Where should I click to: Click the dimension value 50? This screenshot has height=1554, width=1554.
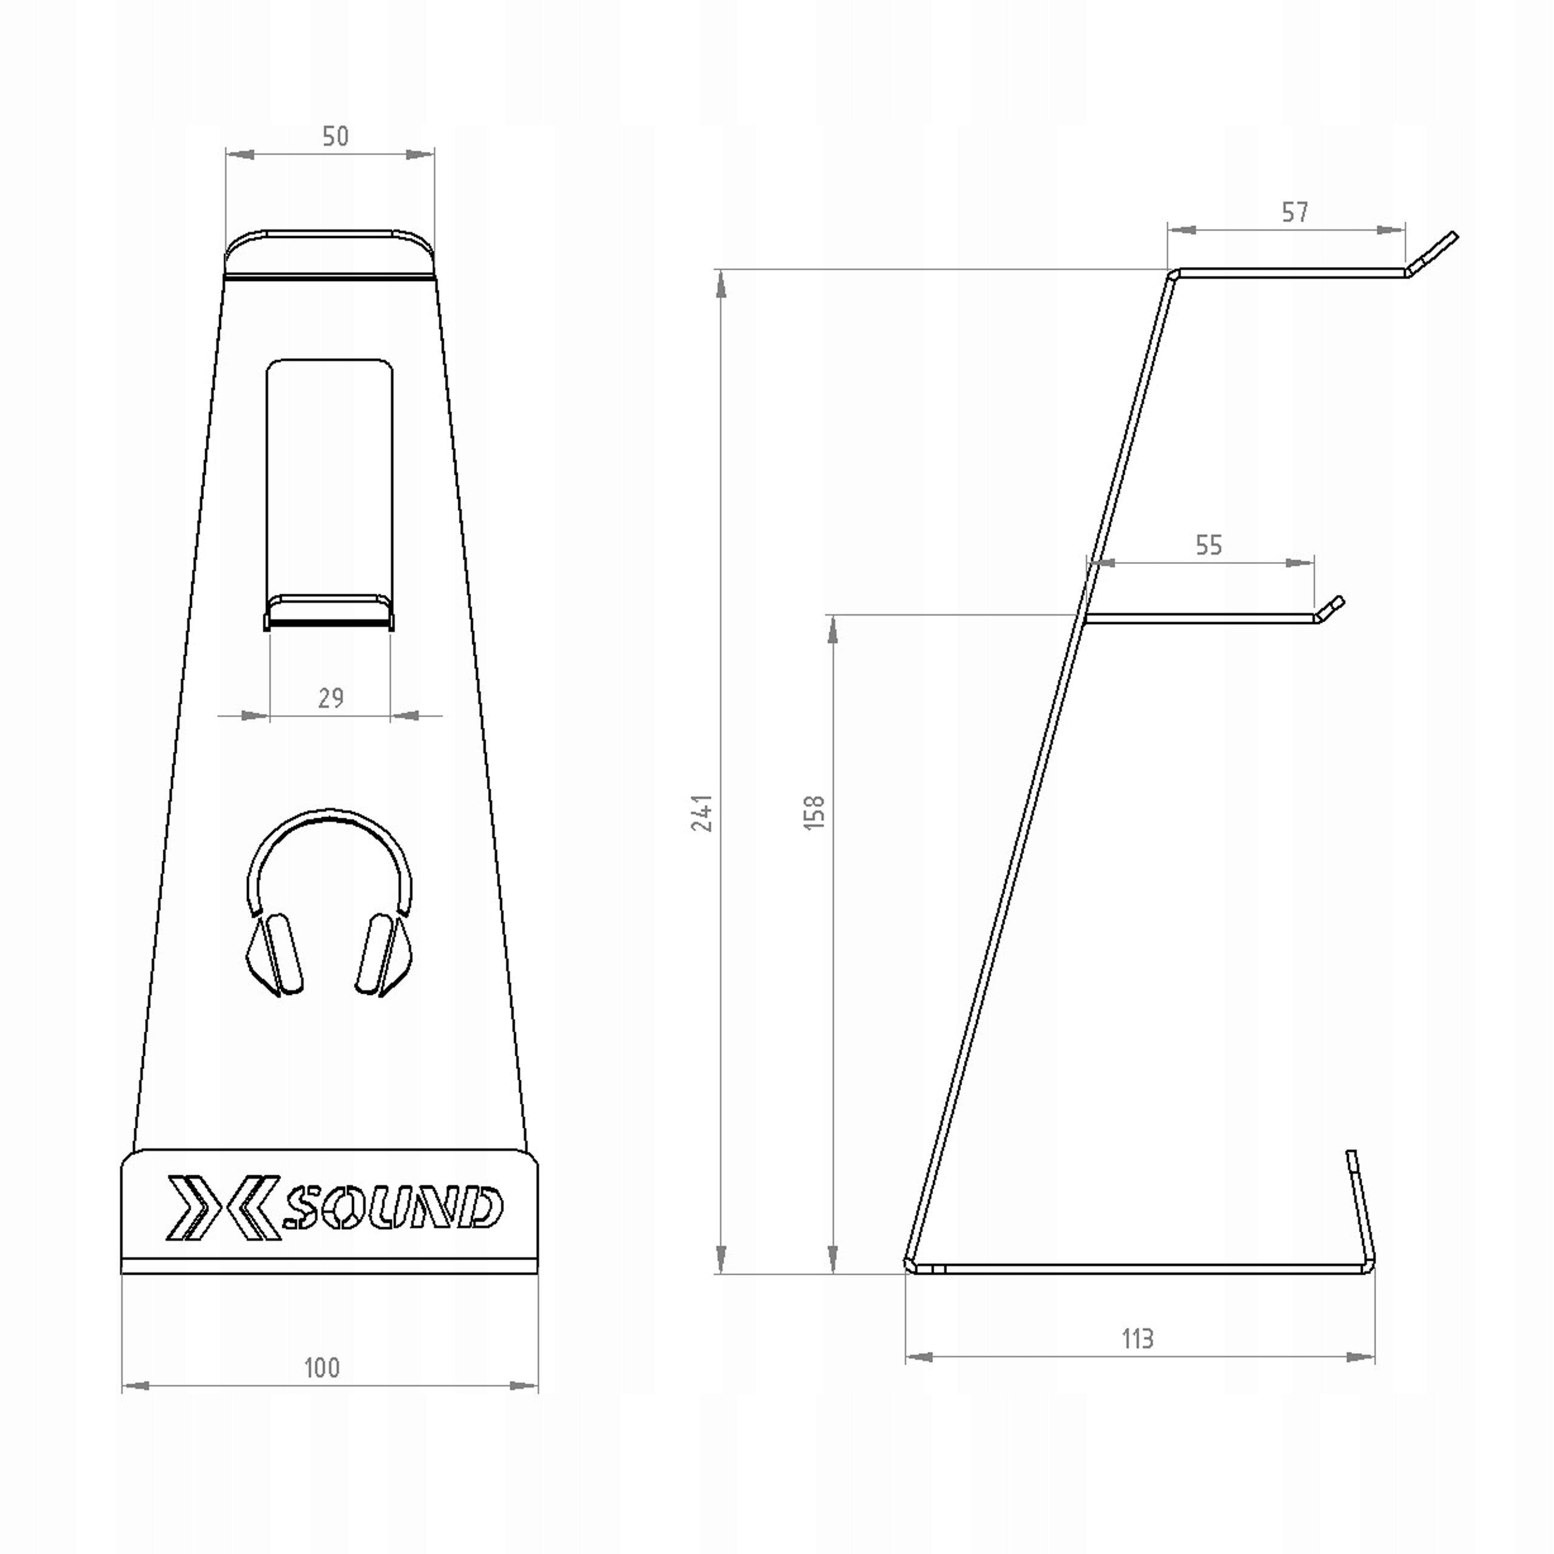(x=336, y=136)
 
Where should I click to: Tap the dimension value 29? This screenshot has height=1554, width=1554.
(x=331, y=697)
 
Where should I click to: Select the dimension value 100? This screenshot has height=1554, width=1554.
(x=322, y=1368)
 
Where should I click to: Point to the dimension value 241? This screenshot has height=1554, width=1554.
(x=702, y=812)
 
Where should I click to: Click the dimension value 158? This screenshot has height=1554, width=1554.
(x=814, y=812)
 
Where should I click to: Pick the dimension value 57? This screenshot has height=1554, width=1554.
(x=1295, y=212)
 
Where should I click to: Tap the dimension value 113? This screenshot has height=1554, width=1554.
(x=1138, y=1339)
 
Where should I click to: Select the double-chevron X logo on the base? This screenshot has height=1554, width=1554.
(x=223, y=1207)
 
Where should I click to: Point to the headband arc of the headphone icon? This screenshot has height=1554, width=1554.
(x=330, y=829)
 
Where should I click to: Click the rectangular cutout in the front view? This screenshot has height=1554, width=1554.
(x=330, y=475)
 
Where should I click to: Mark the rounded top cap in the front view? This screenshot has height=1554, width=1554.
(x=330, y=252)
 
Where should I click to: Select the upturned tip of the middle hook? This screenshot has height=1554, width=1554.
(x=1329, y=608)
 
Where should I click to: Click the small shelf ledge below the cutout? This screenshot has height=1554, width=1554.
(x=330, y=611)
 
